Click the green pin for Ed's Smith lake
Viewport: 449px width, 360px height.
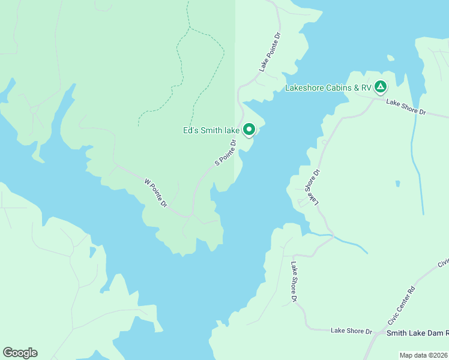tap(249, 129)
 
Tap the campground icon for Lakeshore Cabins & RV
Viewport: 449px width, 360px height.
tap(380, 87)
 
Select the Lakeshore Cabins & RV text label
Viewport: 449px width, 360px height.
tap(328, 88)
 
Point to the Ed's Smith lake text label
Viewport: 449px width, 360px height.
tap(211, 130)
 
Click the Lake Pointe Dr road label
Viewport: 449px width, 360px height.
tap(270, 53)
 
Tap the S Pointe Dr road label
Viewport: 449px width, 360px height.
tap(226, 153)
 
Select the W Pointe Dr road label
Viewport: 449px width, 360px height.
tap(156, 193)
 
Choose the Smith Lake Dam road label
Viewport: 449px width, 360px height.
tap(417, 333)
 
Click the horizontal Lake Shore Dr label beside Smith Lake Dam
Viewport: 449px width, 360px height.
tap(351, 331)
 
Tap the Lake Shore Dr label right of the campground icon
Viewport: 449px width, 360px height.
tap(406, 107)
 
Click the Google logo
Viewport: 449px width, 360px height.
tap(20, 353)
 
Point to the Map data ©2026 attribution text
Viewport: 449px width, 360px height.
tap(423, 355)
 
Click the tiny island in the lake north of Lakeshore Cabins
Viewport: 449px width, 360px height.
tap(391, 58)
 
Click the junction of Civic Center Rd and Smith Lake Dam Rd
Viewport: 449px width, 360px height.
tap(374, 334)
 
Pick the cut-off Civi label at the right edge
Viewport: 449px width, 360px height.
tap(443, 263)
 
